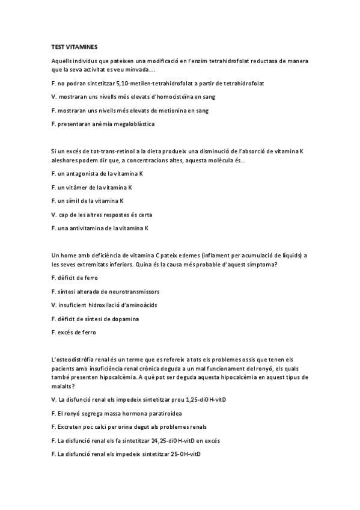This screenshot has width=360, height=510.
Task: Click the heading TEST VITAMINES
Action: pos(75,46)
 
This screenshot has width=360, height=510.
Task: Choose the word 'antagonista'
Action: pos(79,173)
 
